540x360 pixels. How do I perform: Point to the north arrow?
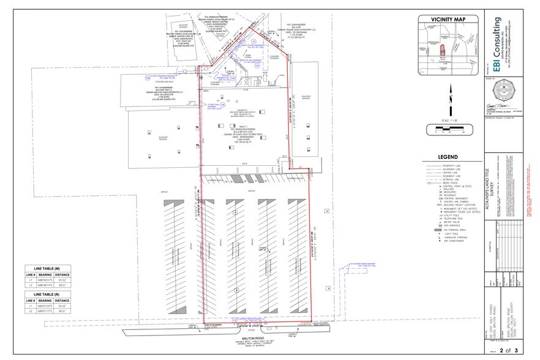(450, 96)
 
